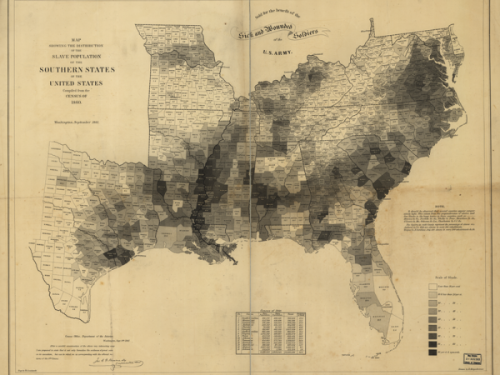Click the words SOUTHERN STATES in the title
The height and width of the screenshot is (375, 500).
click(80, 68)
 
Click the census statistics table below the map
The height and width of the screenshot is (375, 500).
click(270, 332)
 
